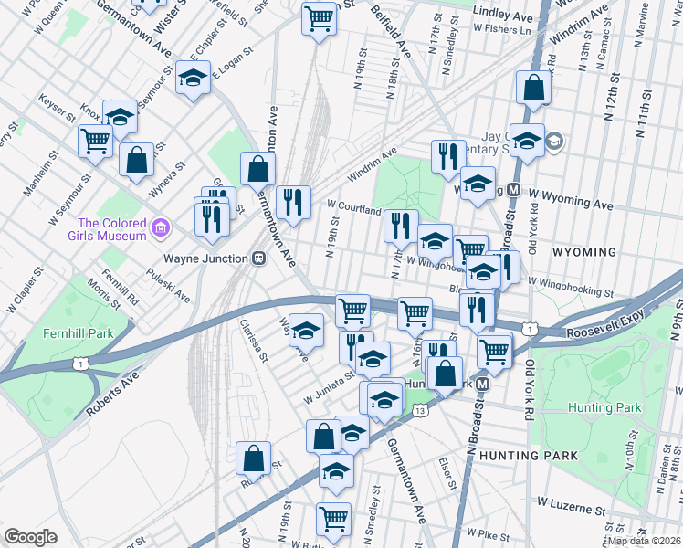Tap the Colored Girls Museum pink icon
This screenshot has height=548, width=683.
tap(161, 227)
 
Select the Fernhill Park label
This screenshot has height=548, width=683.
tap(78, 333)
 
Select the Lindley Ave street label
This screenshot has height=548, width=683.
tap(503, 16)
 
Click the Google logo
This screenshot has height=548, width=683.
tap(30, 537)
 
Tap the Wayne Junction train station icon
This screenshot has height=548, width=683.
tap(259, 258)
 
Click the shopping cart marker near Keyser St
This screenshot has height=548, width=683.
tap(95, 141)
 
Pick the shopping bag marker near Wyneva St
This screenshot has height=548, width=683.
tap(136, 160)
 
